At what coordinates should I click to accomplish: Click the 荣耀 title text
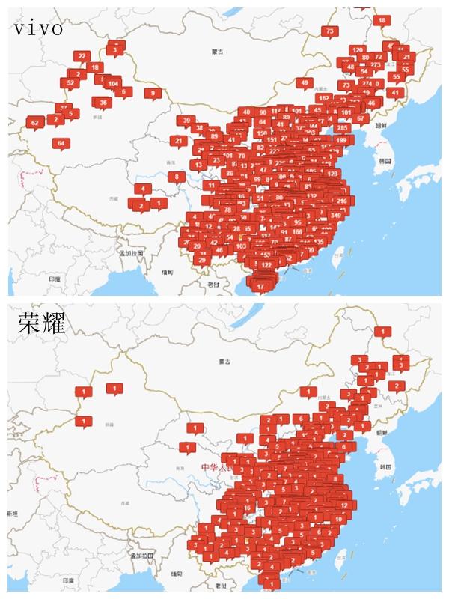click(42, 323)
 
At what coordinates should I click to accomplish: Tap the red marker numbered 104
click(113, 83)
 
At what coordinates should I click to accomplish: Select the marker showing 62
click(34, 122)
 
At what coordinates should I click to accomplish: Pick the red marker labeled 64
click(61, 142)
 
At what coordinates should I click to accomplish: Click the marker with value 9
click(153, 94)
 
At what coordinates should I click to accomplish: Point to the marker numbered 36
click(103, 102)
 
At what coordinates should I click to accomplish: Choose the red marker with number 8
click(176, 177)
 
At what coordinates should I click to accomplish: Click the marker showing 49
click(303, 82)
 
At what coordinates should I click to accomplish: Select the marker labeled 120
click(357, 50)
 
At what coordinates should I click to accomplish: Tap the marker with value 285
click(342, 127)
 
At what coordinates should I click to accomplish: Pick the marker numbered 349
click(335, 216)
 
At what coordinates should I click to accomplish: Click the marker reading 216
click(342, 201)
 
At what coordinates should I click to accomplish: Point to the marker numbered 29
click(201, 260)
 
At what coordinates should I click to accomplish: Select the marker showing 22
click(82, 56)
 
